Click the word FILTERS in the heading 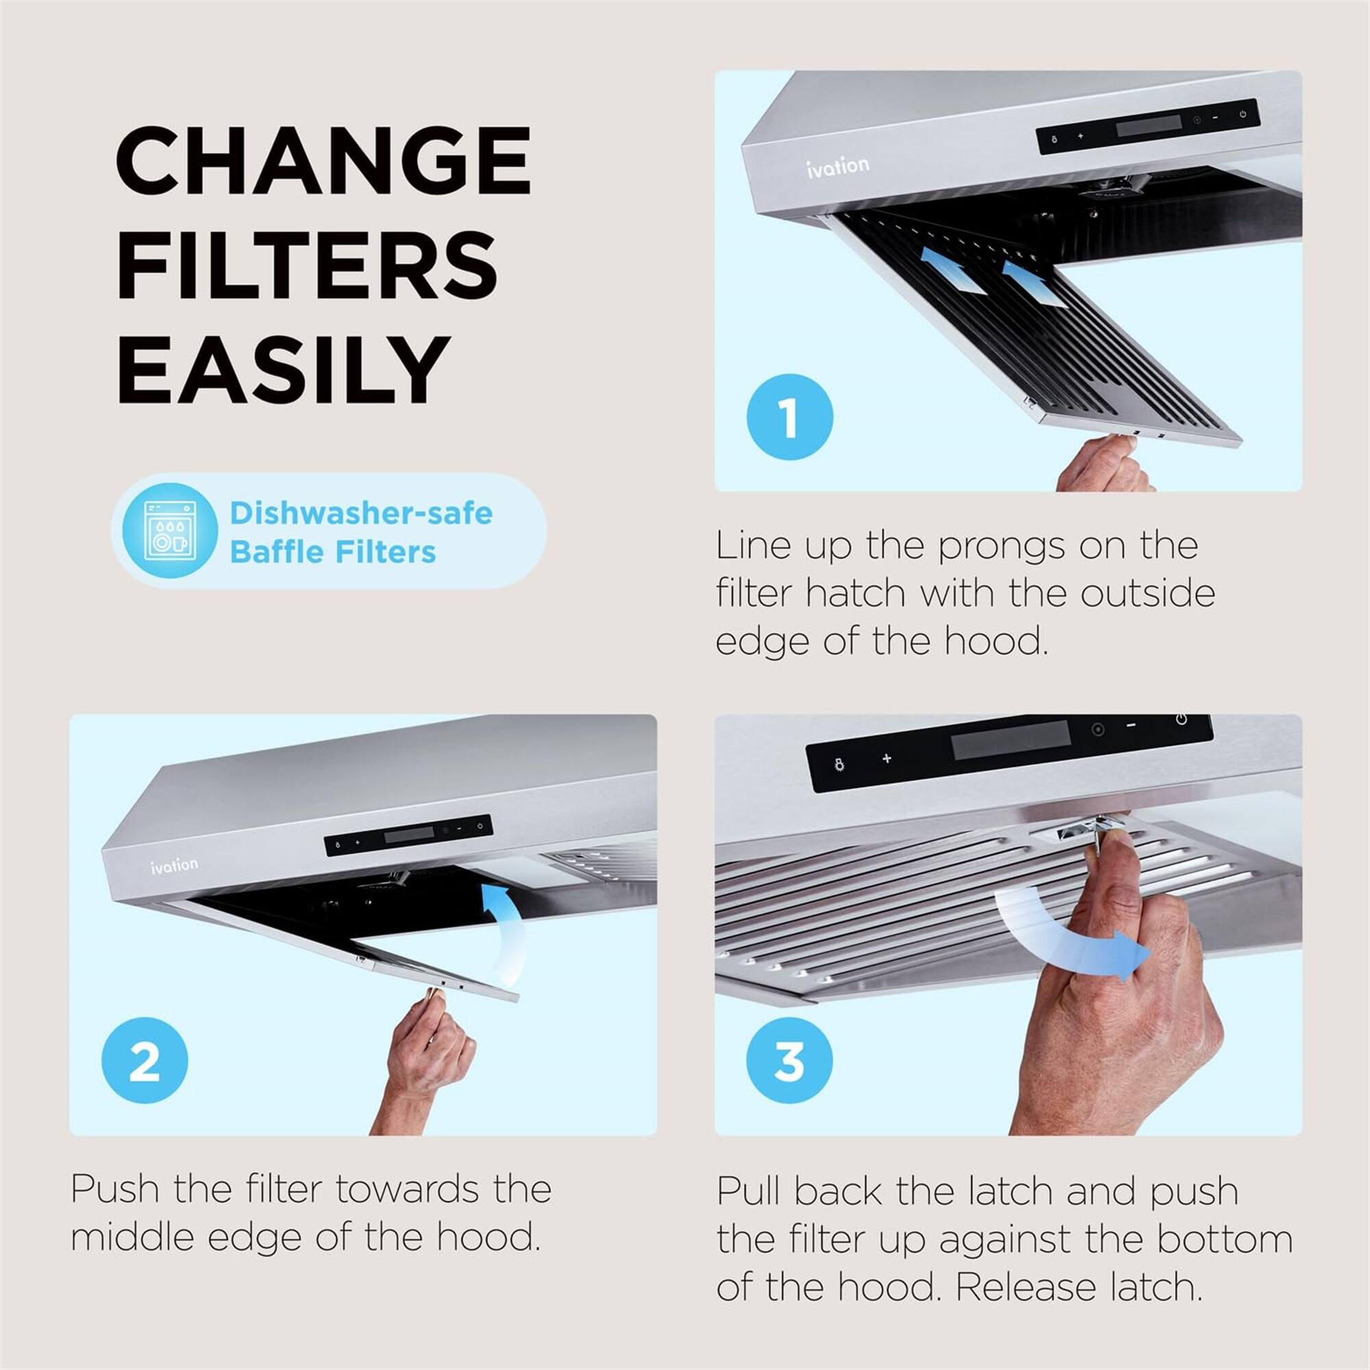(x=306, y=265)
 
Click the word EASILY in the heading (x=284, y=369)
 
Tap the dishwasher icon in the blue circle (x=169, y=530)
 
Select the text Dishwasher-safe (x=361, y=513)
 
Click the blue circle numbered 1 (x=789, y=417)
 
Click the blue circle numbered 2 (x=145, y=1060)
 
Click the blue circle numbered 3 (x=789, y=1060)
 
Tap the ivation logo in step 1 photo (x=838, y=166)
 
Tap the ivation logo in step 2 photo (x=174, y=865)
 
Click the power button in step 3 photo (x=1182, y=720)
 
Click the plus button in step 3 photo (x=886, y=759)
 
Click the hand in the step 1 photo (x=1103, y=465)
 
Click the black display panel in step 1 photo (x=1148, y=125)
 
